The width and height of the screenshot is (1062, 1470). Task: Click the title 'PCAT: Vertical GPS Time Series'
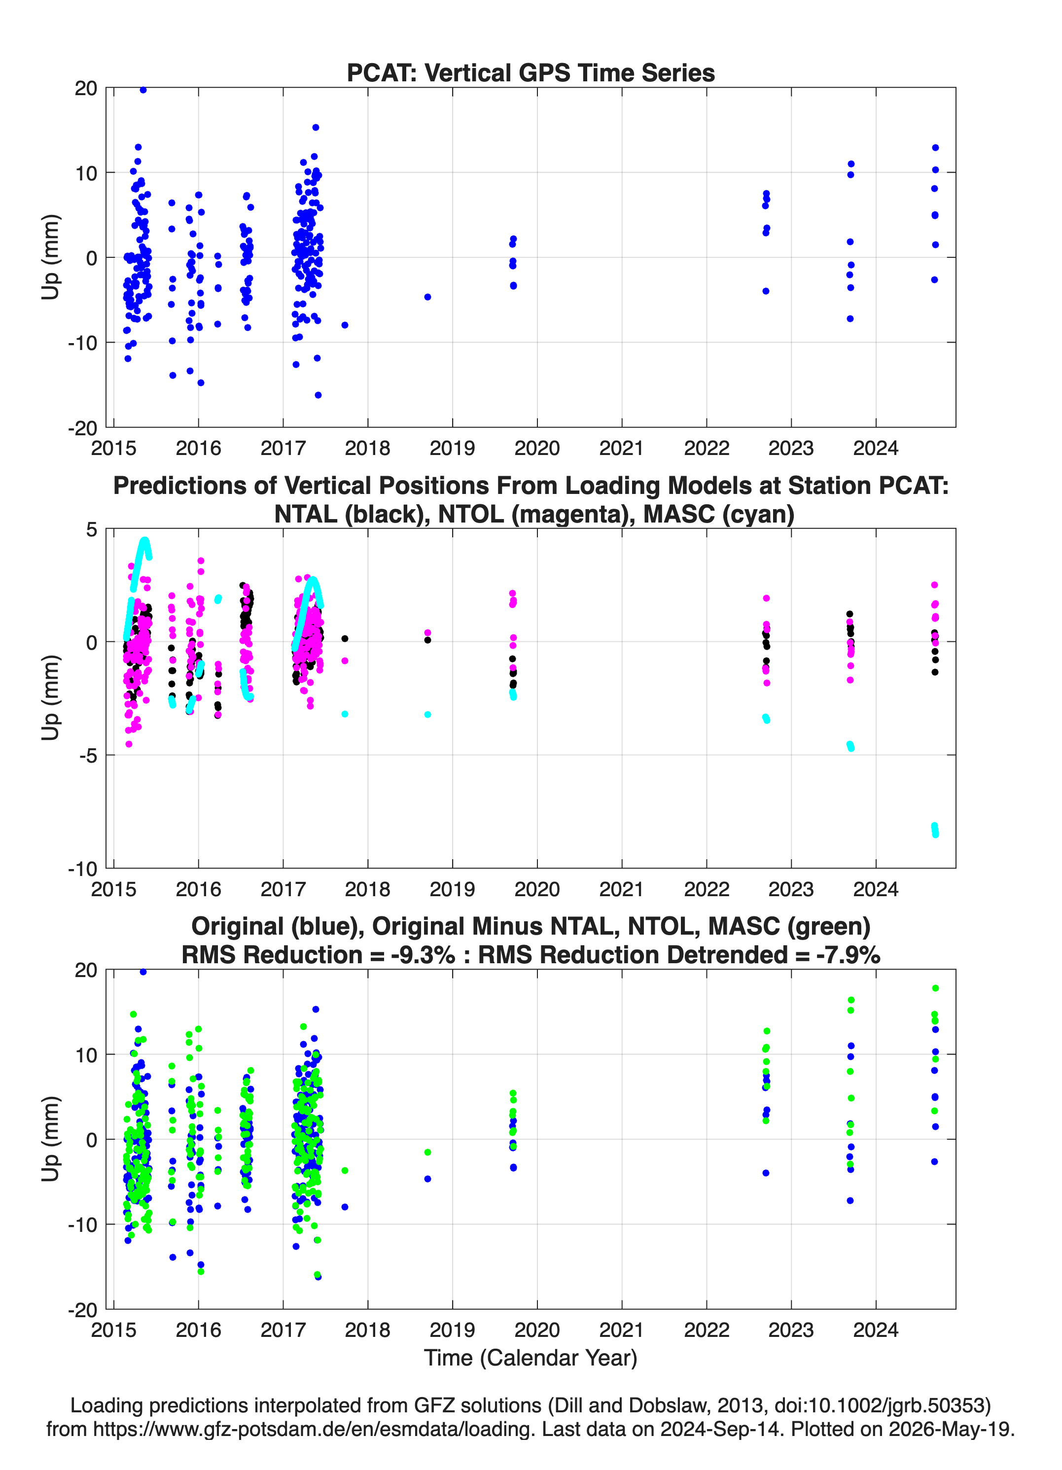531,72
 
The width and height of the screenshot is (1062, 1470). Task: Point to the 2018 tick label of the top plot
368,448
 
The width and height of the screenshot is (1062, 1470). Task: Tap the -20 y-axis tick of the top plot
82,428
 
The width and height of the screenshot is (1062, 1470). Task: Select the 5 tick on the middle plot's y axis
91,529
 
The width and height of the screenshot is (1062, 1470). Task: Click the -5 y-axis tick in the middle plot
87,755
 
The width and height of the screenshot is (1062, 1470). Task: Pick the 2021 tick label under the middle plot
622,889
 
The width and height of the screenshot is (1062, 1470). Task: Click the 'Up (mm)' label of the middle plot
51,698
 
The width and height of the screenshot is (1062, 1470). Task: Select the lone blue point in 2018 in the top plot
428,297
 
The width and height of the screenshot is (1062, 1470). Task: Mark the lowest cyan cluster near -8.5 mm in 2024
935,830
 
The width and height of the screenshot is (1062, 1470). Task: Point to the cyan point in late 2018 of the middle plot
428,714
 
